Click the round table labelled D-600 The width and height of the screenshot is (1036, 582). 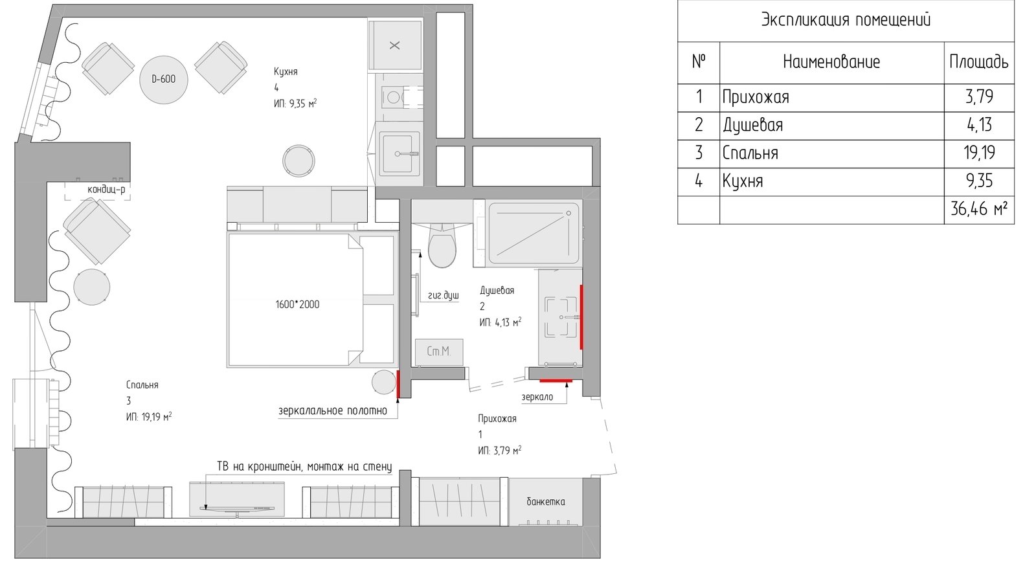click(x=164, y=80)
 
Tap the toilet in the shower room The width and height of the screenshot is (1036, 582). click(x=442, y=245)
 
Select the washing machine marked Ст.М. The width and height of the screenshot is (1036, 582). click(x=439, y=352)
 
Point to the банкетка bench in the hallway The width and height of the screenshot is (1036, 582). click(x=545, y=502)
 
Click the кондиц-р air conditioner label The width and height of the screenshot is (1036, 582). click(x=106, y=190)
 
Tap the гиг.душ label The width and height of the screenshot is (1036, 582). click(x=443, y=295)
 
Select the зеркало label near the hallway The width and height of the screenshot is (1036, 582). click(x=537, y=397)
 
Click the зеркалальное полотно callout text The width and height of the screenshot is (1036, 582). click(x=333, y=410)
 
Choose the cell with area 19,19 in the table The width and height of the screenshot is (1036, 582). click(x=978, y=153)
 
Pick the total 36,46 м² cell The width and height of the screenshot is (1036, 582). click(x=978, y=209)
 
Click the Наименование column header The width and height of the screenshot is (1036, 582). click(x=831, y=62)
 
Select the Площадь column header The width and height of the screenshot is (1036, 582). click(x=978, y=62)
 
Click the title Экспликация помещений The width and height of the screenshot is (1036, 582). click(x=846, y=20)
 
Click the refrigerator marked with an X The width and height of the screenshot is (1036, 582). click(x=394, y=45)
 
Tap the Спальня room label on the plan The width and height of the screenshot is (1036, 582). click(x=142, y=385)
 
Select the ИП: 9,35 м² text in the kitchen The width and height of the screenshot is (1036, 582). click(x=295, y=103)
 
